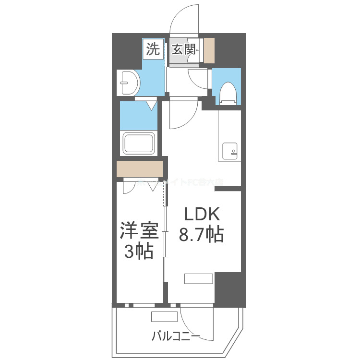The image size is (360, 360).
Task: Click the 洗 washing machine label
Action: tap(153, 49)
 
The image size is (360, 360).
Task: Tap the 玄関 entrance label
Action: tap(183, 49)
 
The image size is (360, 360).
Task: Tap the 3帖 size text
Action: tap(139, 251)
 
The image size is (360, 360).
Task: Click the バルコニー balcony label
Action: tap(176, 336)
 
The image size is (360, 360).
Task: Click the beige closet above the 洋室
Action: tap(140, 169)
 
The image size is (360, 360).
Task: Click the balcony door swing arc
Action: tap(196, 323)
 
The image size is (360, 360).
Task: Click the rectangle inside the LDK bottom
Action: tap(199, 279)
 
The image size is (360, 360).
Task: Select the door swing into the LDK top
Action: tap(182, 114)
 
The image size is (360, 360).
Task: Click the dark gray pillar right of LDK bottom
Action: tap(229, 288)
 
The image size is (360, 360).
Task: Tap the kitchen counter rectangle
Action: tap(229, 135)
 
